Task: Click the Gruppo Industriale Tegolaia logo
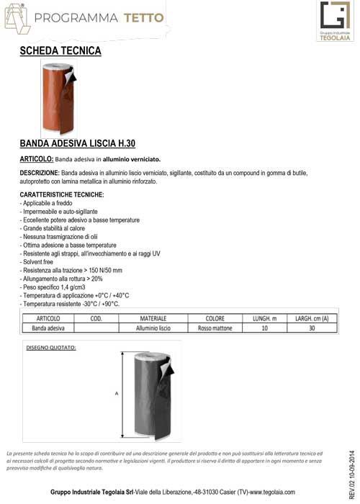point(334,22)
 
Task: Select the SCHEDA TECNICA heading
point(60,51)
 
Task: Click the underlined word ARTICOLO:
point(36,158)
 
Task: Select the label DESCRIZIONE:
point(39,174)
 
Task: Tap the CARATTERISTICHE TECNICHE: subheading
point(62,195)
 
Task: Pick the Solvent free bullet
point(37,262)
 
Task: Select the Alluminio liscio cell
point(153,328)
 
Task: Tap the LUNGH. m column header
point(265,318)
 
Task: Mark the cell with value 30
point(312,328)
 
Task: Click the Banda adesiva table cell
point(48,328)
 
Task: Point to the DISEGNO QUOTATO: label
point(51,348)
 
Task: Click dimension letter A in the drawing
point(116,393)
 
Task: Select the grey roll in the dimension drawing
point(146,395)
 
